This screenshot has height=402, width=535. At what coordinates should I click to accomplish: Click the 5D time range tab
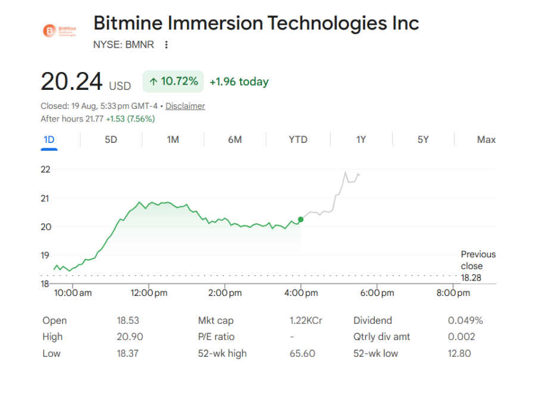pos(111,140)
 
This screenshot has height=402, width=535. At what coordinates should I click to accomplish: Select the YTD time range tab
pos(298,140)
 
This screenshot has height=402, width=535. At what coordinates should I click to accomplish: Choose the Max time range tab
pos(486,140)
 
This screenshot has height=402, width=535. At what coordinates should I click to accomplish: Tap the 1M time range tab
pos(173,140)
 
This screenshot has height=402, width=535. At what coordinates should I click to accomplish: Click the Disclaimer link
pos(185,106)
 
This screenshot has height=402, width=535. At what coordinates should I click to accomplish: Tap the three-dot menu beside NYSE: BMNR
pos(166,45)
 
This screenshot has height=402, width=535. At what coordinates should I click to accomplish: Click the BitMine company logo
pos(60,31)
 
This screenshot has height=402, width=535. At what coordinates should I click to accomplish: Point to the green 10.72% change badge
pos(173,82)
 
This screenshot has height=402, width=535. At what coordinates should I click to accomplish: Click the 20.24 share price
pos(71,82)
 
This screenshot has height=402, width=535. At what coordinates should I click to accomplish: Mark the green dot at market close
pos(301,220)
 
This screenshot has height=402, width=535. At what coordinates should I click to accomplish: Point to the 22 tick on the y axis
pos(45,170)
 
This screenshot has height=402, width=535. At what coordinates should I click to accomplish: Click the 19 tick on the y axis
pos(45,255)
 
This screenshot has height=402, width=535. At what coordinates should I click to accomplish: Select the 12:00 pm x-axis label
pos(149,293)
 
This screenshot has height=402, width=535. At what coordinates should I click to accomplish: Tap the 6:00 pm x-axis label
pos(377,293)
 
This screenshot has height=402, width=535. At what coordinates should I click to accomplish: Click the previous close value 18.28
pos(471,278)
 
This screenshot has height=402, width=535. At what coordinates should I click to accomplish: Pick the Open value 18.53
pos(128,320)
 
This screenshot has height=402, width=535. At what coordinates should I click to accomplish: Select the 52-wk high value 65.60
pos(302,353)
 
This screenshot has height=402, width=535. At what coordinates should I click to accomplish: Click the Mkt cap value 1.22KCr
pos(306,320)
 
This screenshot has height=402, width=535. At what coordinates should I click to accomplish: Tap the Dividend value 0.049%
pos(465,320)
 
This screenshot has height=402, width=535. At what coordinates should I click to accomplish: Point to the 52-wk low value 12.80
pos(459,353)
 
